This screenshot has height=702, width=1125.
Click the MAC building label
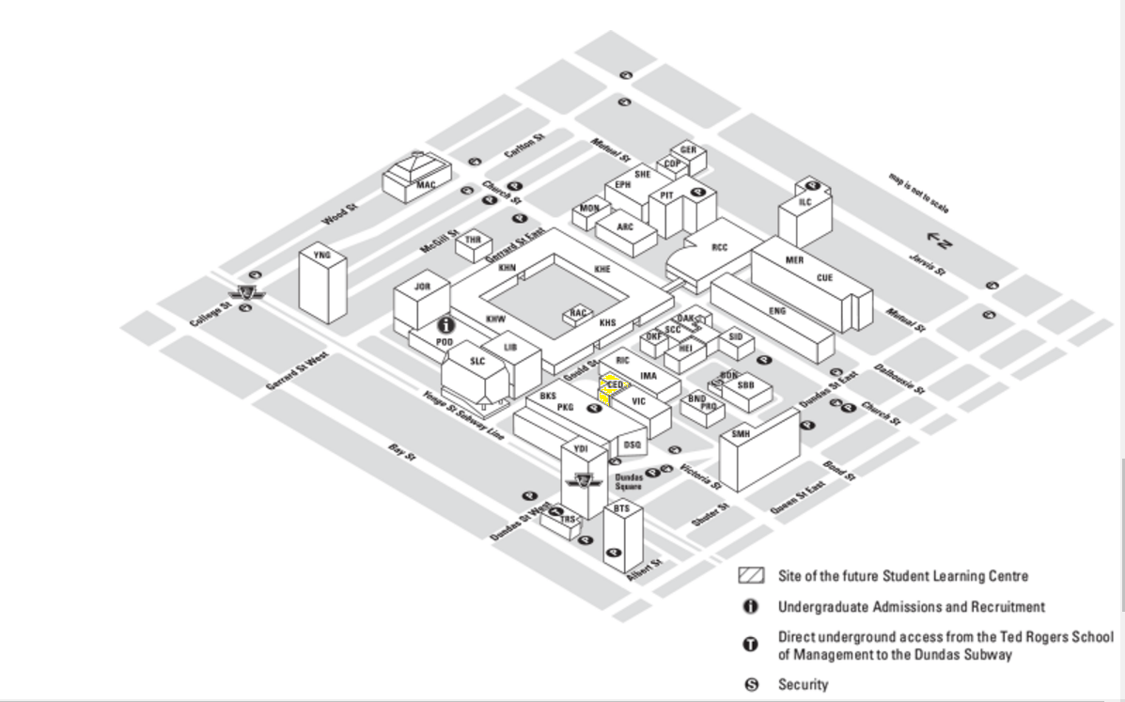426,185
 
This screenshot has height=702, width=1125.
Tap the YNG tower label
322,255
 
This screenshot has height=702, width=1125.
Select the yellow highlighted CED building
615,385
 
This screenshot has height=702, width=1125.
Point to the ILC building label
805,202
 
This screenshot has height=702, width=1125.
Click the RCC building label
720,248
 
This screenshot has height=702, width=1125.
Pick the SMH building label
741,434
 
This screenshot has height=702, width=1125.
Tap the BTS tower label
621,508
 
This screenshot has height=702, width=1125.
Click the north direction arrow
939,242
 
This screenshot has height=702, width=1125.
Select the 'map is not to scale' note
919,193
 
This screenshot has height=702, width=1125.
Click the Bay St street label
402,452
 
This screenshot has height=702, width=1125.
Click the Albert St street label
646,570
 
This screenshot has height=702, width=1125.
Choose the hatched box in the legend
751,576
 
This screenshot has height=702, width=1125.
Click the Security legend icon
751,685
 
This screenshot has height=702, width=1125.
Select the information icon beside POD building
446,325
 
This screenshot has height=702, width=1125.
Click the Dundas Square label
629,482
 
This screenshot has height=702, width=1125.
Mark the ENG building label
777,311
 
